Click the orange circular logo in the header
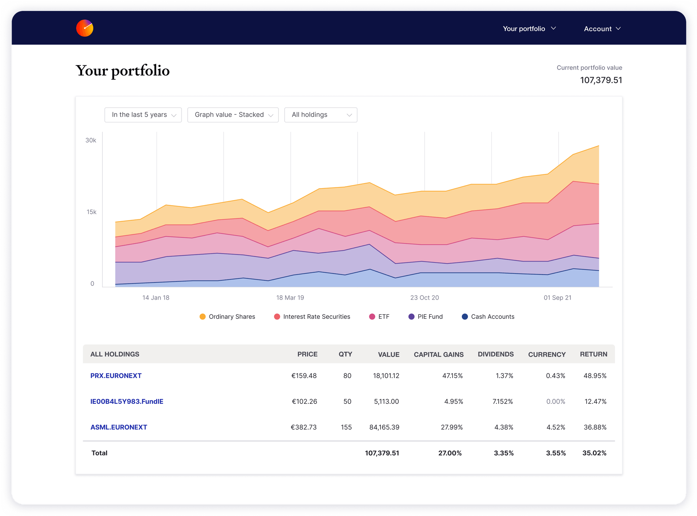click(85, 28)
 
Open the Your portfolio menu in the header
click(529, 29)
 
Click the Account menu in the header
click(602, 29)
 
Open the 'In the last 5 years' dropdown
click(143, 115)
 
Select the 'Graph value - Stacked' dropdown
click(233, 115)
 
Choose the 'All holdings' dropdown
click(321, 115)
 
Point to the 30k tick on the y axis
click(91, 140)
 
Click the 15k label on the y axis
click(91, 212)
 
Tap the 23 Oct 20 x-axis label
click(424, 298)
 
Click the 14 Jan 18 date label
click(156, 298)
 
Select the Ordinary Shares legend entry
click(227, 317)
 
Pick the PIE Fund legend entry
click(425, 317)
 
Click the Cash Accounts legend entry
click(488, 317)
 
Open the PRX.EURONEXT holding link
click(116, 376)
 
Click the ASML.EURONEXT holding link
click(119, 427)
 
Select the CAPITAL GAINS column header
click(439, 354)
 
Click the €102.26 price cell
click(304, 402)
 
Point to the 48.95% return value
click(595, 376)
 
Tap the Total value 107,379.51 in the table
click(382, 453)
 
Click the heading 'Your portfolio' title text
click(123, 71)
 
